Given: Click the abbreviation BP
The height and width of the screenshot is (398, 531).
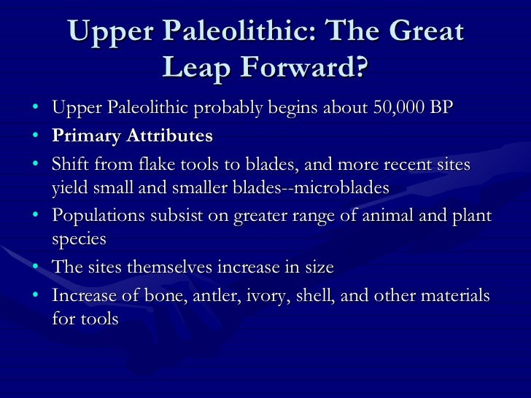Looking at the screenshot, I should pos(441,109).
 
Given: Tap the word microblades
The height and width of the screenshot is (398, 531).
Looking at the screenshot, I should pos(340,187).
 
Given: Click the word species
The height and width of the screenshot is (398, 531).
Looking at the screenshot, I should pos(79,240).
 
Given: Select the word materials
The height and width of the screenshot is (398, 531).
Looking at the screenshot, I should pos(454,295).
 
